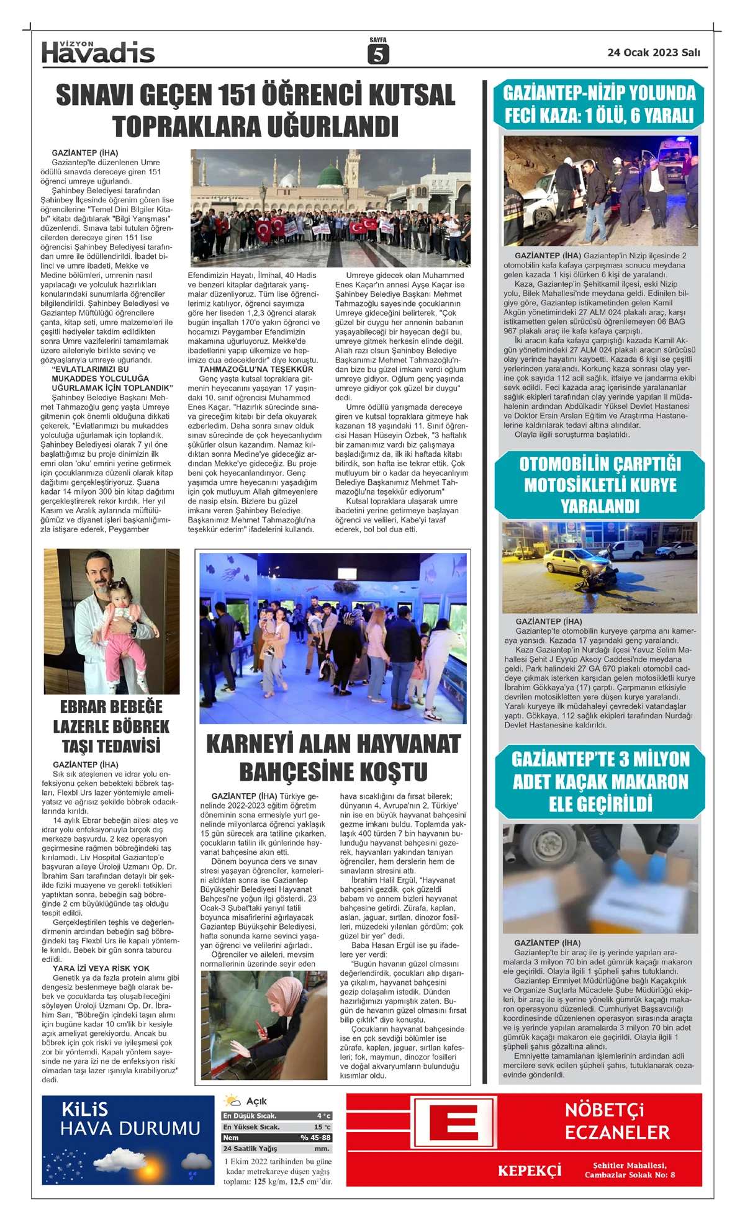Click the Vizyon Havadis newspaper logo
tap(98, 53)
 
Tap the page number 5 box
tap(377, 55)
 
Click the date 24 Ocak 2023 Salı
tap(653, 53)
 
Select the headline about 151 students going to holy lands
tap(255, 110)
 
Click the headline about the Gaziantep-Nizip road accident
tap(599, 104)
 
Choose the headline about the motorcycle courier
tap(600, 485)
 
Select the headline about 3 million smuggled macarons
tap(600, 781)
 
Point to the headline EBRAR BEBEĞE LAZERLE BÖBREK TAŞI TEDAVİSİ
tap(111, 726)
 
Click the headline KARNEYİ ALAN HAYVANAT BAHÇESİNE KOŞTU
tap(333, 757)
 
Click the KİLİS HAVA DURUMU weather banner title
tap(130, 1119)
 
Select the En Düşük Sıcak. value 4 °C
tap(323, 1116)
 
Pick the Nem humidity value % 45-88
tap(316, 1138)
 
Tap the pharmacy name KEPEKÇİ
tap(530, 1170)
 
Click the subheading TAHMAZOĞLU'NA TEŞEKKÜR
tap(256, 369)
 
